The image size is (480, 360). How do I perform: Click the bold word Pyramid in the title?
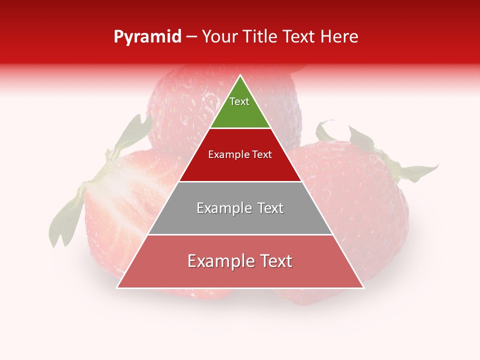(x=147, y=37)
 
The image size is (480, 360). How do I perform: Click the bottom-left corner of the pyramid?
(x=118, y=287)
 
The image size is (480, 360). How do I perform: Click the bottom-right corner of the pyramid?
(x=363, y=287)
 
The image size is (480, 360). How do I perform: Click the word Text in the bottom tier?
(x=275, y=261)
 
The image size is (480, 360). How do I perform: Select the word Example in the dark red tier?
(x=226, y=154)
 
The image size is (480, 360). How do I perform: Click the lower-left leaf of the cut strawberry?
(x=65, y=220)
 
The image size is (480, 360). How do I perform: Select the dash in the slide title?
(x=191, y=37)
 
